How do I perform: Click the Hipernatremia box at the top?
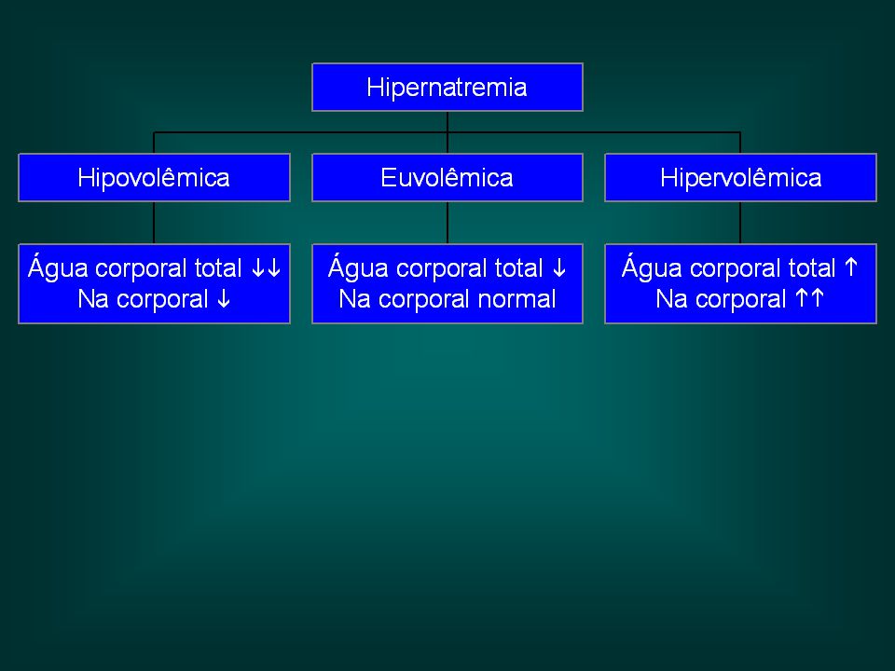coord(447,88)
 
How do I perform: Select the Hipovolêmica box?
coord(154,177)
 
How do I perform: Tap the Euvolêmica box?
coord(447,177)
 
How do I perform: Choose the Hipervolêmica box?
coord(740,177)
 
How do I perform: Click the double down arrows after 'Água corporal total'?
coord(266,267)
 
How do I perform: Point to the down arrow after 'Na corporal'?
coord(224,298)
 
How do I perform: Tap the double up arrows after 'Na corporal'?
coord(810,298)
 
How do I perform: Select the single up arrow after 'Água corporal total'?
coord(850,267)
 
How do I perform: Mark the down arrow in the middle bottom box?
coord(558,267)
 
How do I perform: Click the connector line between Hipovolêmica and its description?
coord(154,223)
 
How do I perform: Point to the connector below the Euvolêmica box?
coord(447,223)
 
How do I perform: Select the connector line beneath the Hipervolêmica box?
coord(740,223)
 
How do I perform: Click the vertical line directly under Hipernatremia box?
coord(447,132)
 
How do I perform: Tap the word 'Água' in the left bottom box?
coord(58,267)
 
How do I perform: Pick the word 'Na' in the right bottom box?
coord(672,299)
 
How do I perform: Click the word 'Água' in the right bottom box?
coord(652,267)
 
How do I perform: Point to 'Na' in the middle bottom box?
coord(354,299)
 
